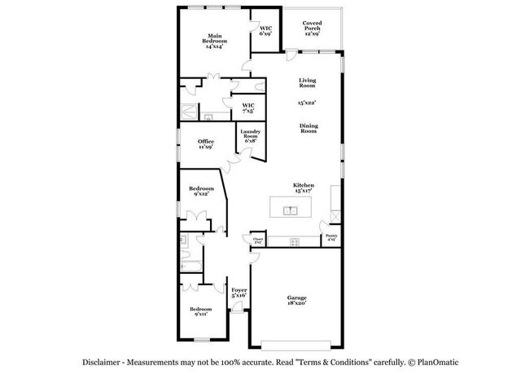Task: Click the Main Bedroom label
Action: (x=215, y=41)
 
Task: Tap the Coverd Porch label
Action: (x=312, y=29)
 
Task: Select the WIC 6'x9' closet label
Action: (x=265, y=30)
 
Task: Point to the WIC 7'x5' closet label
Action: (x=248, y=108)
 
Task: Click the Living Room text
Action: (x=307, y=82)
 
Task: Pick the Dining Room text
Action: (x=309, y=128)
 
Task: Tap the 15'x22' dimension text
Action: (x=307, y=103)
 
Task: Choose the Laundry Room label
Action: (x=249, y=135)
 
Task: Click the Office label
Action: (x=206, y=144)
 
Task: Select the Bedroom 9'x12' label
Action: (x=201, y=191)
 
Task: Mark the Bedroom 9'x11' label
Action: (x=200, y=311)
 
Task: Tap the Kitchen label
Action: (x=304, y=187)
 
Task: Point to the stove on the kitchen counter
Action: (x=294, y=240)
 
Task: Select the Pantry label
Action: (x=331, y=238)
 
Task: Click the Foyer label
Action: (x=239, y=292)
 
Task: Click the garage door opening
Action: (x=291, y=340)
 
